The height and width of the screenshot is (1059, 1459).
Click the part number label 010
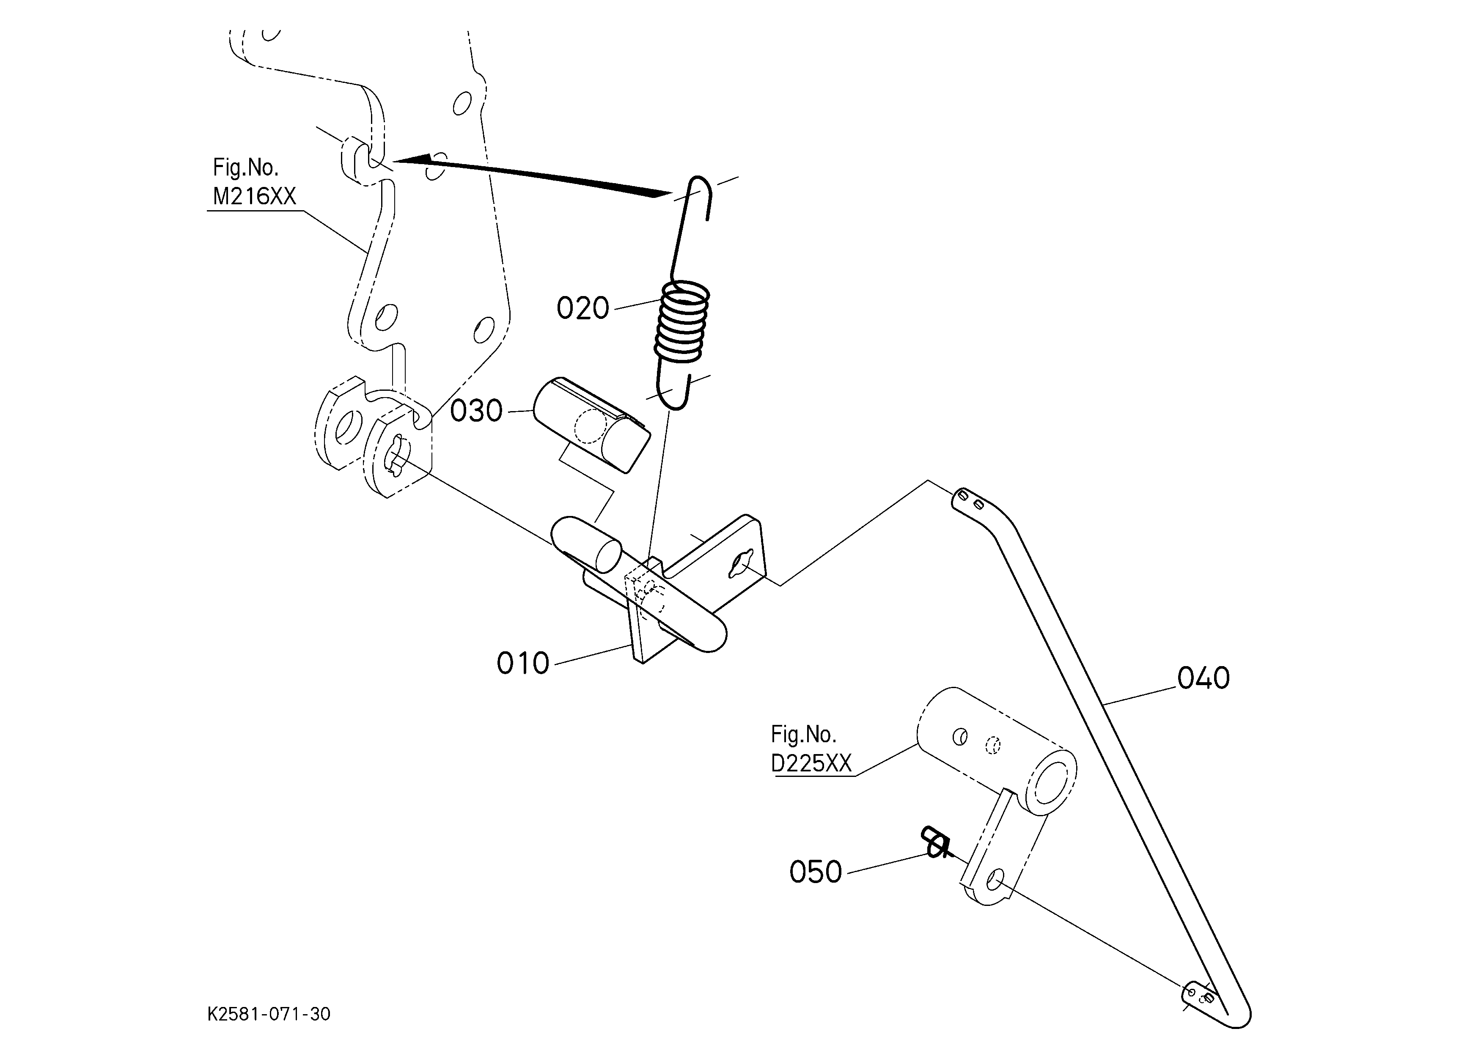pyautogui.click(x=523, y=664)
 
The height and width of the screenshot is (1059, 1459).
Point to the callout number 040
pyautogui.click(x=1203, y=678)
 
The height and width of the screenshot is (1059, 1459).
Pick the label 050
pyautogui.click(x=816, y=872)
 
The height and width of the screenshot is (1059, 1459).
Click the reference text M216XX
pyautogui.click(x=255, y=196)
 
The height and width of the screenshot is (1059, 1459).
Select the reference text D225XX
pyautogui.click(x=811, y=763)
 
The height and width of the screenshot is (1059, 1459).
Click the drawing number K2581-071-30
pyautogui.click(x=269, y=1015)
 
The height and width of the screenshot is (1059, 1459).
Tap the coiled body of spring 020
pyautogui.click(x=682, y=321)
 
